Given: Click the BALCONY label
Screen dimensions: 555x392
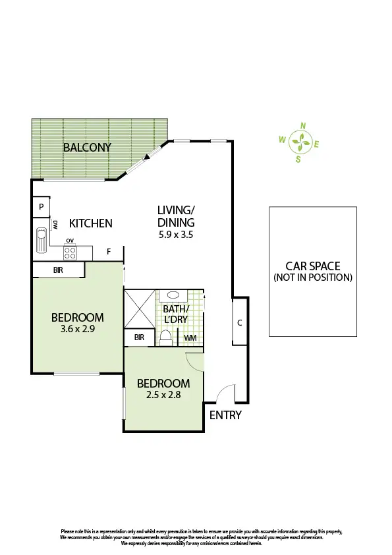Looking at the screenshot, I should pos(87,147).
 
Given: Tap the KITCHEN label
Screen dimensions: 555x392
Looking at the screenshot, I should pos(91,223).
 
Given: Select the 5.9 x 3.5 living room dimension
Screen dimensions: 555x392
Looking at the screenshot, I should pos(175,234).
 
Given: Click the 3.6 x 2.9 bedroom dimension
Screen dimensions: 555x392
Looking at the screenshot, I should pos(78,330).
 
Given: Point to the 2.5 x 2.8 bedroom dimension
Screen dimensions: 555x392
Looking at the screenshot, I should pos(163,395).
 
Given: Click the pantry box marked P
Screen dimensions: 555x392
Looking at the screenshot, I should pos(41,206).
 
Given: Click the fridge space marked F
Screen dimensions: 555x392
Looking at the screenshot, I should pos(109,251).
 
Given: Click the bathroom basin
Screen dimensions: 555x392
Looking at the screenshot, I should pos(175,296).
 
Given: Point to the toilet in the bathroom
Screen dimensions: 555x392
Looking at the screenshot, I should pos(166,337).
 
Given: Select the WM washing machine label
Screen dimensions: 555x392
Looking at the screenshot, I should pos(190,338).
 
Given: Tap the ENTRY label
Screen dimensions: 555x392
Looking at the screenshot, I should pos(225,415).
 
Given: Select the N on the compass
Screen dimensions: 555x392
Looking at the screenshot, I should pos(303,125).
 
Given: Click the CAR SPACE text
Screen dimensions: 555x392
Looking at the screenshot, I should pos(312,266).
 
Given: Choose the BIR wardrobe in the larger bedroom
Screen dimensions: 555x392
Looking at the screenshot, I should pos(59,270).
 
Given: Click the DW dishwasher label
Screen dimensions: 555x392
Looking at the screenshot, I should pos(57,225).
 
